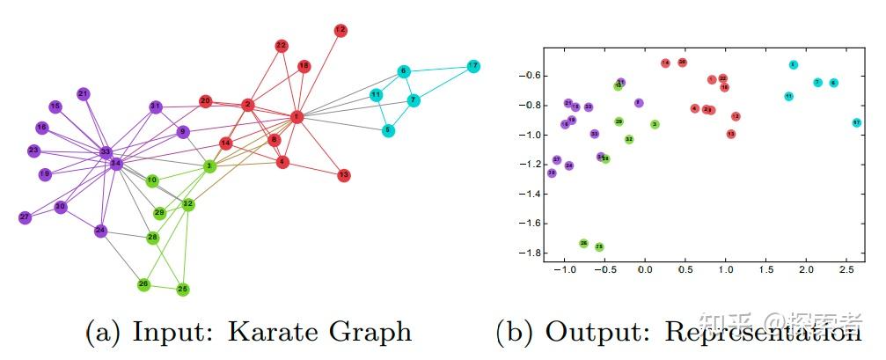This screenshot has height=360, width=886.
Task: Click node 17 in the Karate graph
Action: [473, 66]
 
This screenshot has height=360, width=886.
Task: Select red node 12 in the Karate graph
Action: [340, 31]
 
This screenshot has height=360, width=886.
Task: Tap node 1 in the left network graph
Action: [297, 116]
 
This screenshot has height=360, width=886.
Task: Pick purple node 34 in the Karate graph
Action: [115, 164]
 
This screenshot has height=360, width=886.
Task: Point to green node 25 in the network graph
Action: [183, 289]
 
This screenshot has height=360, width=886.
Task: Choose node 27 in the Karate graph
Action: [25, 217]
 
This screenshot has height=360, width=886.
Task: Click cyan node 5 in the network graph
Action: [388, 131]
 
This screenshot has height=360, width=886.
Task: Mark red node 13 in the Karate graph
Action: [344, 175]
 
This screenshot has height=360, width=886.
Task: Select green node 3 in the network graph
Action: [209, 165]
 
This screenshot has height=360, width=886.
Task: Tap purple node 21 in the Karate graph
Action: [84, 93]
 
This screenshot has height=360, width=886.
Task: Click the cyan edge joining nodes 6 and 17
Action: [438, 69]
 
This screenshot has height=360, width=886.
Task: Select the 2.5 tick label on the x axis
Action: [846, 268]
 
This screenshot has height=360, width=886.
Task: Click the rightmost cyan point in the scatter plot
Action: [856, 122]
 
